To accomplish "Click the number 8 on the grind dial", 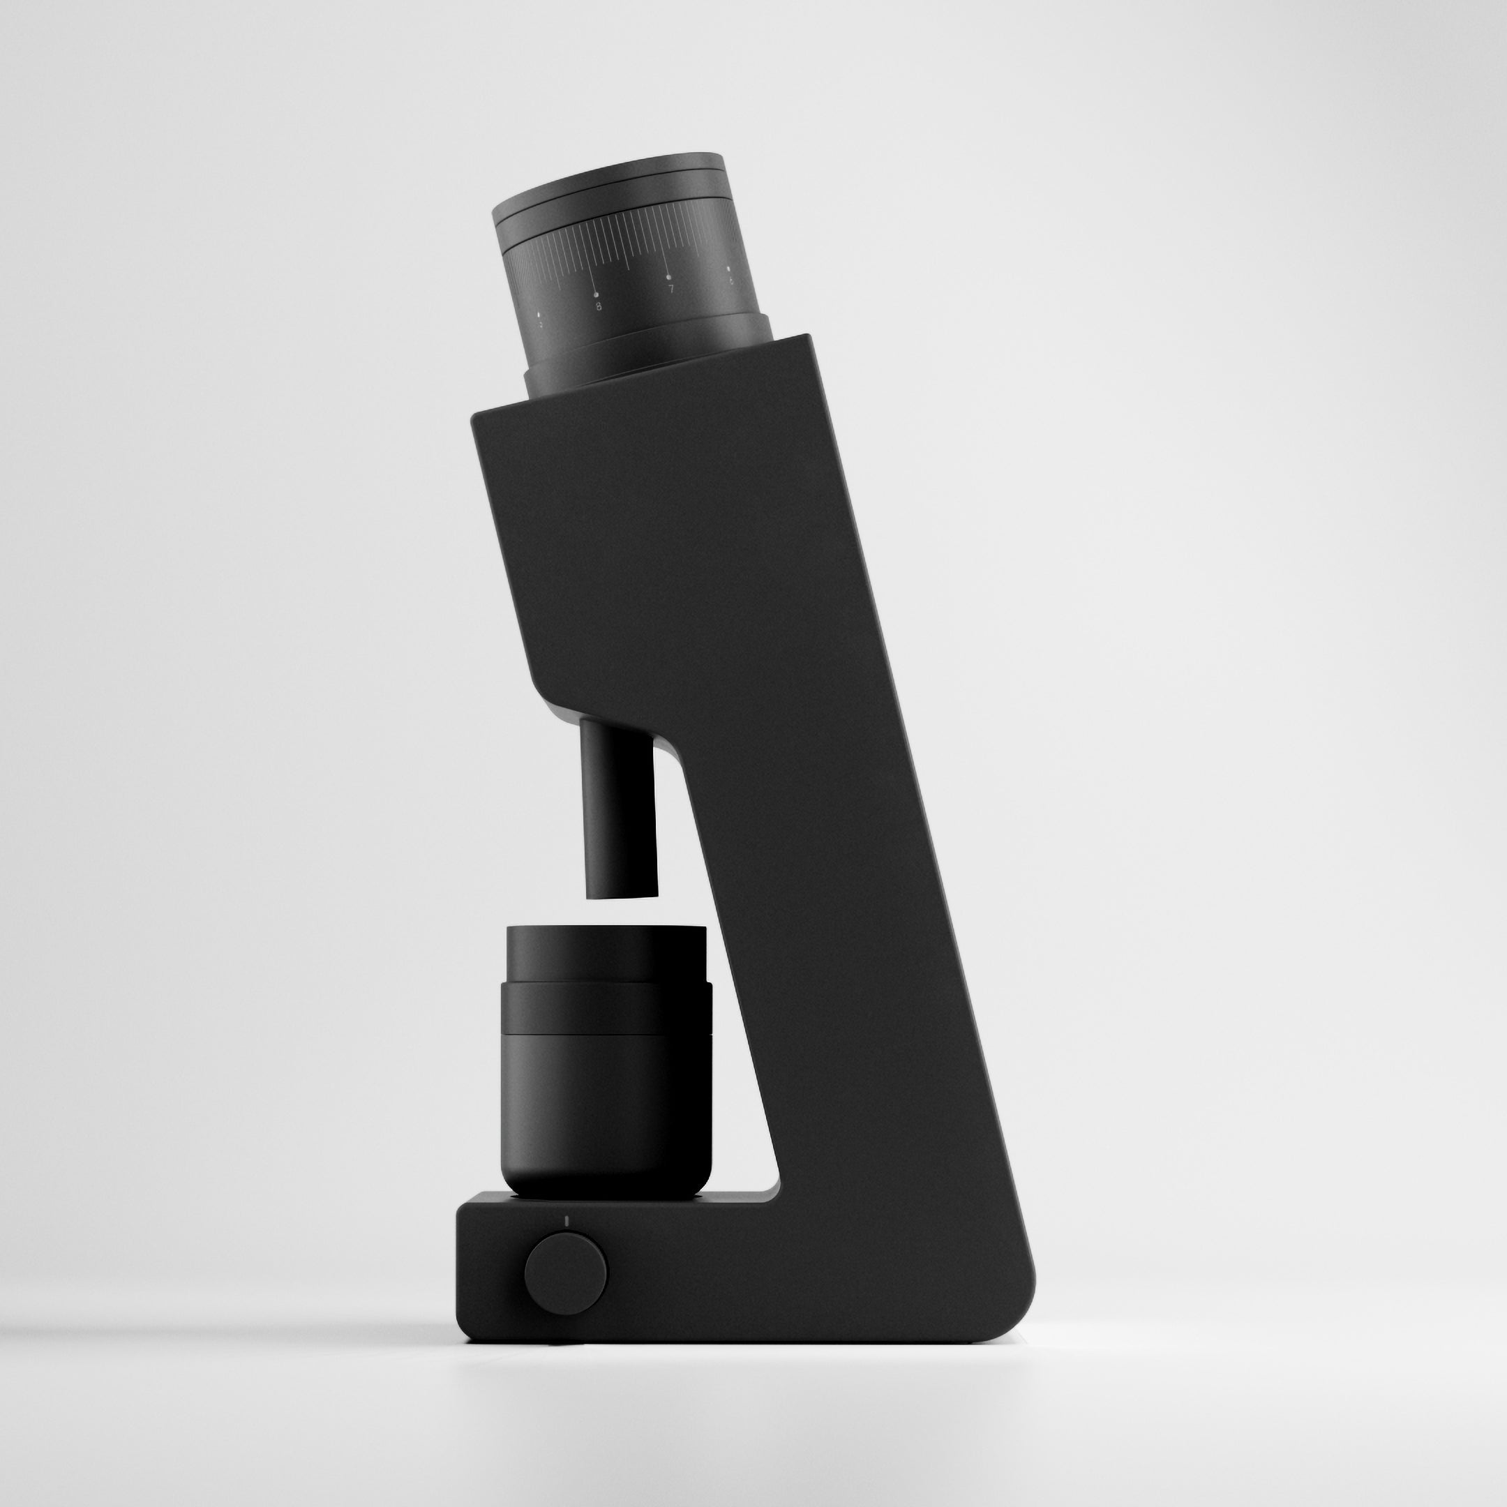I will (x=599, y=306).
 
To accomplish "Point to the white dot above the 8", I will (x=597, y=294).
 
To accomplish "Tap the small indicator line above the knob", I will (x=567, y=1223).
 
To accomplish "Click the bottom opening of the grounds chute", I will (x=622, y=894).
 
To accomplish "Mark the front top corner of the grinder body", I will (x=474, y=418).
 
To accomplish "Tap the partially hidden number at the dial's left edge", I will (x=539, y=322).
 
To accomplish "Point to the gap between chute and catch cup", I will (x=622, y=911).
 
